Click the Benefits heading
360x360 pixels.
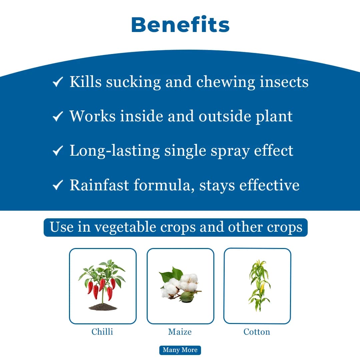pyautogui.click(x=180, y=25)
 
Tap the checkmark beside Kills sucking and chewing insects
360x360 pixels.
pyautogui.click(x=58, y=82)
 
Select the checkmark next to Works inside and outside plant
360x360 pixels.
pyautogui.click(x=58, y=116)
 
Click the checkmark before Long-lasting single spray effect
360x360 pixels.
pyautogui.click(x=58, y=151)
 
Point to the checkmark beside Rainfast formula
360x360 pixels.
pyautogui.click(x=58, y=185)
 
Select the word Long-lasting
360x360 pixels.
pyautogui.click(x=115, y=151)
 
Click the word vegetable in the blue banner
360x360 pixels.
pyautogui.click(x=125, y=227)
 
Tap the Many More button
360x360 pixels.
pyautogui.click(x=180, y=350)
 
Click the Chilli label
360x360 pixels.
pyautogui.click(x=102, y=332)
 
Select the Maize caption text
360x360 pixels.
pyautogui.click(x=180, y=332)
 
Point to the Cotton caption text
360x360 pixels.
pyautogui.click(x=257, y=332)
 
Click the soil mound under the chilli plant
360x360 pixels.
pyautogui.click(x=103, y=306)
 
